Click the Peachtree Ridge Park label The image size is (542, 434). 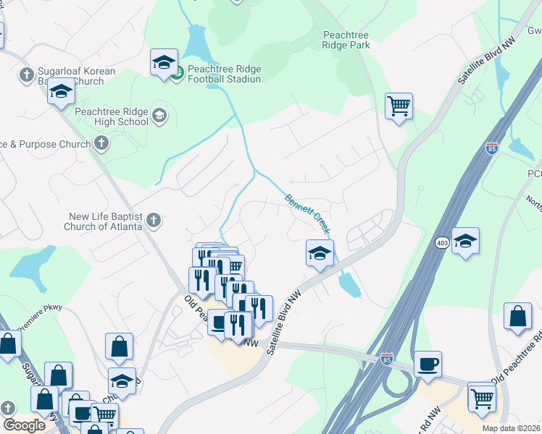[x=346, y=40]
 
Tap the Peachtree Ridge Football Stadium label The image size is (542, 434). [x=223, y=74]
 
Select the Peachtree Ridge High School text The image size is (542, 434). [x=111, y=116]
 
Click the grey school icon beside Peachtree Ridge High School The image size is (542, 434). [x=159, y=115]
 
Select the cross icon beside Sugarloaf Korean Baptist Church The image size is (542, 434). [x=26, y=75]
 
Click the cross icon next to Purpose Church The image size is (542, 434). [x=101, y=143]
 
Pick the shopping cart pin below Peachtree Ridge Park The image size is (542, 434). [x=399, y=106]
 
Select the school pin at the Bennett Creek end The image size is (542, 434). [x=319, y=254]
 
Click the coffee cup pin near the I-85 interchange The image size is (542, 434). [x=428, y=364]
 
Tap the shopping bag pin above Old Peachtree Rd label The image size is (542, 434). [x=517, y=317]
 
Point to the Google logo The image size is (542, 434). [x=25, y=425]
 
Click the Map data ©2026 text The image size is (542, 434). [x=510, y=428]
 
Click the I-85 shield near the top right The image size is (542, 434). [x=492, y=149]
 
